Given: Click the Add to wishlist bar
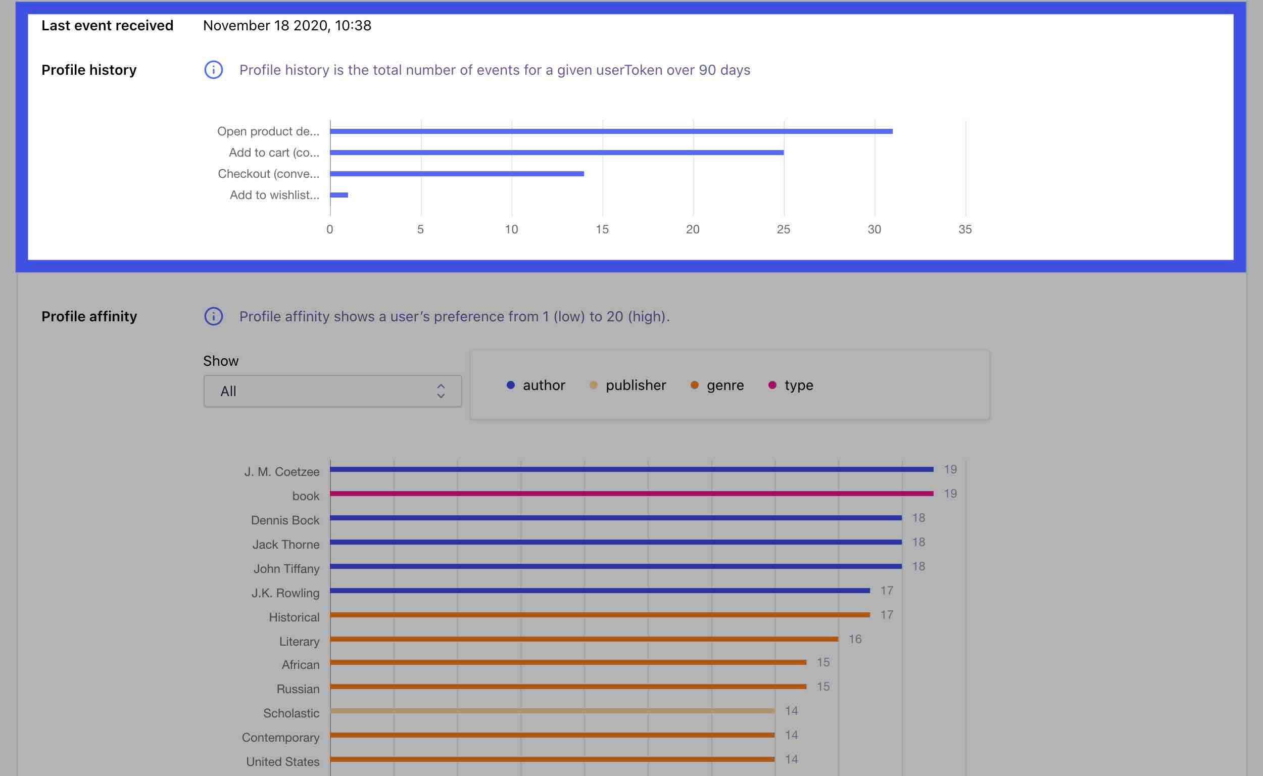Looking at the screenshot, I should click(339, 195).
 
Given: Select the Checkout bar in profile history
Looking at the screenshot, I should click(457, 173).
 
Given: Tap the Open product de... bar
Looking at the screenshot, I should click(611, 131).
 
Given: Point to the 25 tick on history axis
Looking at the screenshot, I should click(783, 229).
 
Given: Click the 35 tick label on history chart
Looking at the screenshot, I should click(965, 229).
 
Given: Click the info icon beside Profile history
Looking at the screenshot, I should click(214, 70).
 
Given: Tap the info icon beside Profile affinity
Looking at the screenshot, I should click(214, 316).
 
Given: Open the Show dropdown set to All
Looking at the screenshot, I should click(332, 391).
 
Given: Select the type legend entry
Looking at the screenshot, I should click(791, 385).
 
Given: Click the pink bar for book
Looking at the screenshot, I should click(631, 494).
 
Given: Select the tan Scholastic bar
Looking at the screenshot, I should click(552, 711).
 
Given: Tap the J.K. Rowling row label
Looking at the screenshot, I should click(285, 593).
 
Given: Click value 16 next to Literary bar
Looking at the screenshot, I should click(854, 639).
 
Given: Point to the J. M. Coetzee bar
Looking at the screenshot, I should click(631, 469).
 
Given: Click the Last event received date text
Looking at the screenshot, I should click(287, 26).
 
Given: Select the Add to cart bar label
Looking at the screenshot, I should click(274, 153).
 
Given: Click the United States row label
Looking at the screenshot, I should click(283, 762).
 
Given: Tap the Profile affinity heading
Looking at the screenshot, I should click(89, 316).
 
